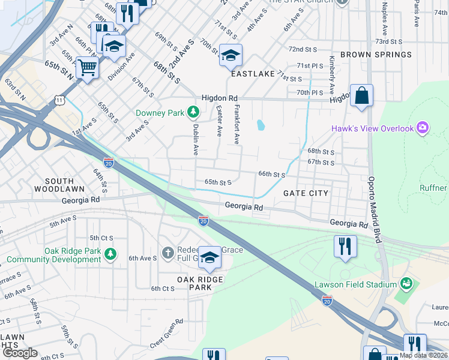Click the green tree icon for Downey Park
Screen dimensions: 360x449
[193, 112]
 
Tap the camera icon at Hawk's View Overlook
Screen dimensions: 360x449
[423, 128]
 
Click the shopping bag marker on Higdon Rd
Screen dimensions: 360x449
[361, 95]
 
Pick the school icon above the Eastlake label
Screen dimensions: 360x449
[231, 56]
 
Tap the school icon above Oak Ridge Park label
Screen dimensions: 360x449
[209, 257]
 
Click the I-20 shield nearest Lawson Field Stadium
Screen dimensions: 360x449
[327, 299]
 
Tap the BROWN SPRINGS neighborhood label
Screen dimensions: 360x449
[376, 55]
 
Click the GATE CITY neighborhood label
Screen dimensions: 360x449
[306, 193]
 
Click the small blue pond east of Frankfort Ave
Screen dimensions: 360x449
[261, 125]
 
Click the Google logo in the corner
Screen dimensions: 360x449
[20, 353]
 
